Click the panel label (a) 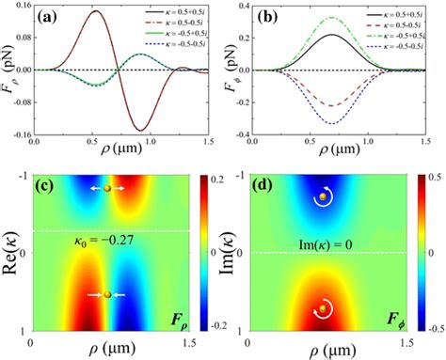(x=49, y=18)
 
